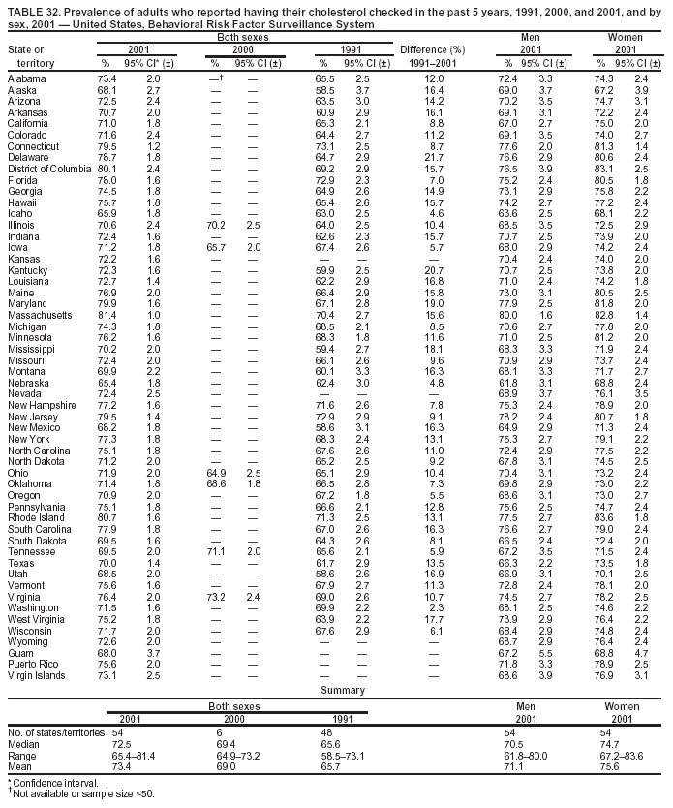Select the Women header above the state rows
[x=626, y=36]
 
